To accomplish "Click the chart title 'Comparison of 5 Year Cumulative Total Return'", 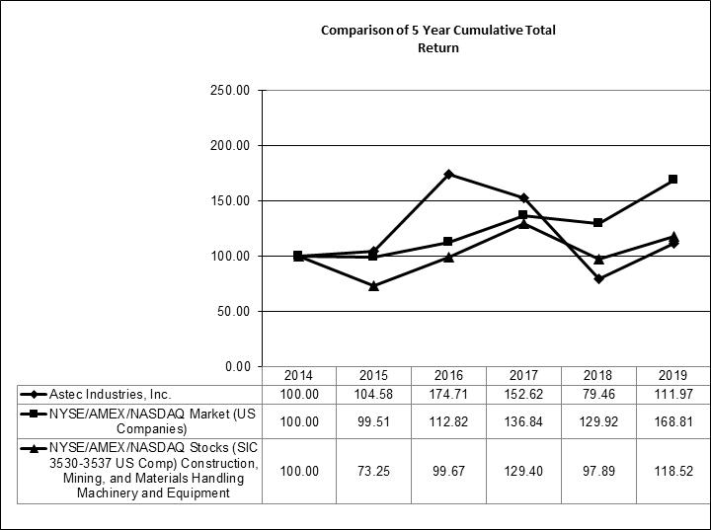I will (x=438, y=38).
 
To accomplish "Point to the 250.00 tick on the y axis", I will (x=233, y=91).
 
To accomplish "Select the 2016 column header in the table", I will (x=448, y=376).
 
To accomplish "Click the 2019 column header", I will (x=672, y=376).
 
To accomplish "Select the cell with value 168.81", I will (x=672, y=421).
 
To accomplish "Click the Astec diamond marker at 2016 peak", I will (x=448, y=174).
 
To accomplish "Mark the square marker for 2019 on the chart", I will (x=672, y=180).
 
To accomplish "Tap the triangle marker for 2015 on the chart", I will (x=373, y=285).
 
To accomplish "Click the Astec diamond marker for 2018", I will (x=598, y=278).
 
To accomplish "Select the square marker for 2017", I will (x=523, y=215).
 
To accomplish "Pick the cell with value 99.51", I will (x=373, y=421).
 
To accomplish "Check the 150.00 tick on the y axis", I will (x=233, y=201).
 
